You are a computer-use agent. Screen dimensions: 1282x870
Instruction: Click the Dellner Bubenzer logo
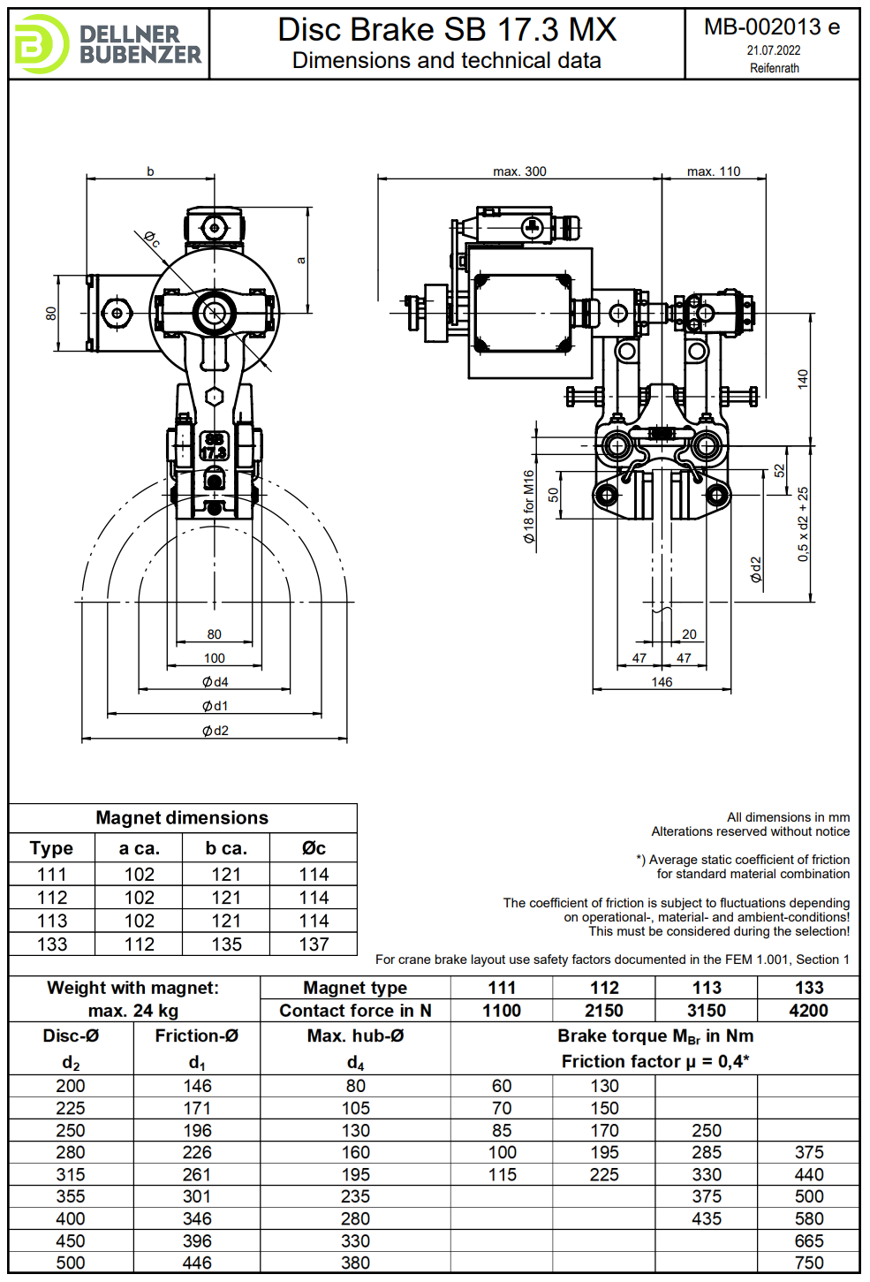coord(108,44)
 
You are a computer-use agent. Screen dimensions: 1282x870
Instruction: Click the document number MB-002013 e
coord(772,27)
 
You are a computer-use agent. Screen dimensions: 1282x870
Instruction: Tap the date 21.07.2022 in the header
coord(774,50)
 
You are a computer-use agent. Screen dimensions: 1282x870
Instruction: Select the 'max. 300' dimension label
coord(519,171)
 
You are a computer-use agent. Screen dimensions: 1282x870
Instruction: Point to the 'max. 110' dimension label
coord(714,171)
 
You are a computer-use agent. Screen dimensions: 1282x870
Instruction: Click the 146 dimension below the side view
coord(662,682)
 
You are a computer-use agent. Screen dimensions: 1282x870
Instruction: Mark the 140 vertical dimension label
coord(803,379)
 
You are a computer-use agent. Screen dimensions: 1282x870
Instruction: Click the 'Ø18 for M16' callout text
coord(528,505)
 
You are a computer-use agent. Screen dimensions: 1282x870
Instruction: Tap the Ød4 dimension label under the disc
coord(215,682)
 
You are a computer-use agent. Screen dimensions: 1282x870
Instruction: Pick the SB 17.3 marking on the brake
coord(214,446)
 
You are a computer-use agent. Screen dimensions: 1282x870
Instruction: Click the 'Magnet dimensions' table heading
coord(182,818)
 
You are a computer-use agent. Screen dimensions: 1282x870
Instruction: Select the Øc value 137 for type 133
coord(314,944)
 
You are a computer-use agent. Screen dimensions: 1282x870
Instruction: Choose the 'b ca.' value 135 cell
coord(226,944)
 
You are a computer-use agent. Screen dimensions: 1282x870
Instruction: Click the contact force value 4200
coord(808,1011)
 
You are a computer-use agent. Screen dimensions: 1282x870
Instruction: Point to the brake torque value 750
coord(808,1263)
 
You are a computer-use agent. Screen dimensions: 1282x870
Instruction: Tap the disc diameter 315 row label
coord(71,1175)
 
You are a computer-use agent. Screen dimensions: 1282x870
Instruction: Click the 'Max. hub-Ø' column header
coord(355,1035)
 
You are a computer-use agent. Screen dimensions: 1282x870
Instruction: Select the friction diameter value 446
coord(197,1263)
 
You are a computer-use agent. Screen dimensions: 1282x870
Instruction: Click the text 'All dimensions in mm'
coord(788,817)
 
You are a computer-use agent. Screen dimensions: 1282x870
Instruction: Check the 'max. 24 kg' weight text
coord(133,1011)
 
